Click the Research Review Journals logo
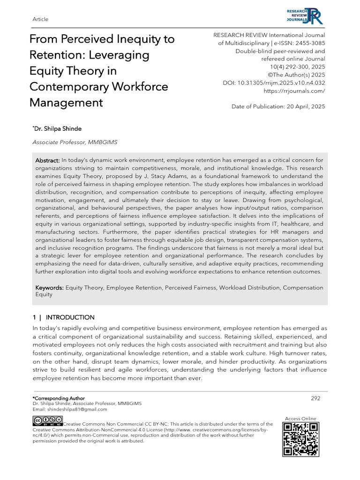tap(307, 15)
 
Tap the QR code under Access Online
tap(300, 439)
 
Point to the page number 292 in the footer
tap(315, 398)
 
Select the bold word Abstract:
tap(47, 160)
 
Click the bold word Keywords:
tap(50, 287)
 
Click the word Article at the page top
tap(41, 19)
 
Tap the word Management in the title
tap(66, 102)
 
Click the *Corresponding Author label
tap(59, 398)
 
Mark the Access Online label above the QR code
tap(300, 419)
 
